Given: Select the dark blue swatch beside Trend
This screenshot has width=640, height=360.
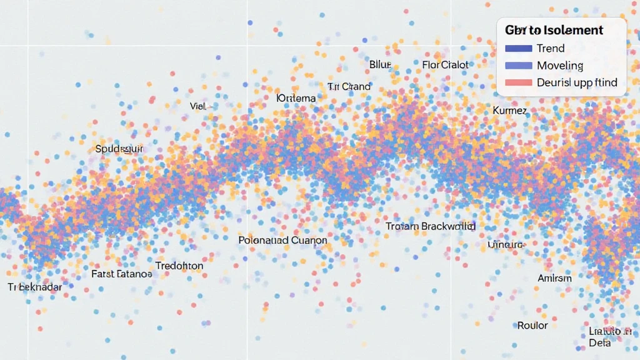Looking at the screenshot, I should click(518, 48).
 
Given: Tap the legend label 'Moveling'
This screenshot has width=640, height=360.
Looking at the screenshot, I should click(560, 65).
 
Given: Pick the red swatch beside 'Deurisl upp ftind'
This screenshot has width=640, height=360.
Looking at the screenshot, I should click(518, 82).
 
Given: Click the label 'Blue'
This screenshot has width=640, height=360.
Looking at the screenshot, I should click(380, 64).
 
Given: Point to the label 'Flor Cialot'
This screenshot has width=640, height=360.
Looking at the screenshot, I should click(445, 64).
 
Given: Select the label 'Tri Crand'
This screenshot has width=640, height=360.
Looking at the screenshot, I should click(349, 86).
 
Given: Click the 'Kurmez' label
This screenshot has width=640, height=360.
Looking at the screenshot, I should click(509, 111).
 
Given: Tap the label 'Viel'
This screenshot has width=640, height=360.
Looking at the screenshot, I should click(197, 106).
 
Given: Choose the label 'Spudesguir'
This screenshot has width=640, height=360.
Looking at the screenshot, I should click(120, 149).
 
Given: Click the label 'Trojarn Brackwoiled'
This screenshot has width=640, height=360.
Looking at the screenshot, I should click(431, 226).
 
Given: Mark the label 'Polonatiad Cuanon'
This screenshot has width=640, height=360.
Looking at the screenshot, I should click(282, 240).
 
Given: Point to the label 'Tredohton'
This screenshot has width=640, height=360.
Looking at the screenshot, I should click(179, 266).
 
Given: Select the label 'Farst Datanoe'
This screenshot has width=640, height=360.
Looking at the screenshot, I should click(121, 274).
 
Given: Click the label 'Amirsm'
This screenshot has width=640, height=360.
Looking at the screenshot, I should click(554, 278).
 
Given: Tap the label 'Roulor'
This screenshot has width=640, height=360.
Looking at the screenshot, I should click(532, 326).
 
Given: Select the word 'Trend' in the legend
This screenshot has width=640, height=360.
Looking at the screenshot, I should click(551, 48).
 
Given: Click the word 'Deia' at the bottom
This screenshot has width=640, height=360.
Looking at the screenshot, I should click(599, 343).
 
